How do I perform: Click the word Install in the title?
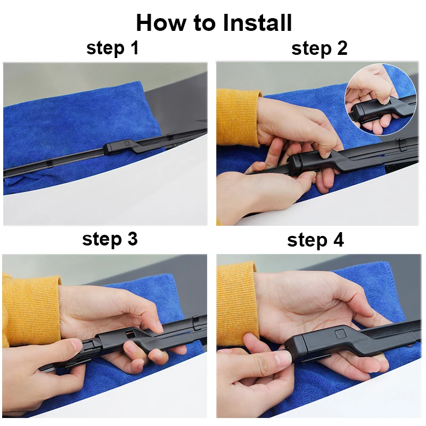257,23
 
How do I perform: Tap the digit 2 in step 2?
342,48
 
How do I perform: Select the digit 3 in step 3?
132,239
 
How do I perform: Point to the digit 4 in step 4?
338,240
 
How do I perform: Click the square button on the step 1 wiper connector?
127,143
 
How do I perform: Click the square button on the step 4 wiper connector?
340,334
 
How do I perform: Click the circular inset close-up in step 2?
380,100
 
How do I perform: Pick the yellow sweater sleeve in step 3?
31,310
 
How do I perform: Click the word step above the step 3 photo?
102,240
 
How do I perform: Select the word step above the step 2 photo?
312,49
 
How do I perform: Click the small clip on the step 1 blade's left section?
49,163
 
